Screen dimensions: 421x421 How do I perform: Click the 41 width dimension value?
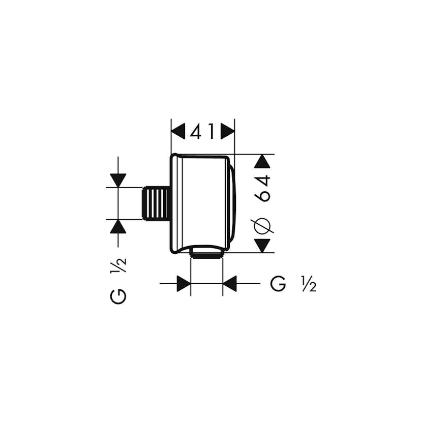click(203, 133)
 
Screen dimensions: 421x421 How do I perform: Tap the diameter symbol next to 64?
click(263, 224)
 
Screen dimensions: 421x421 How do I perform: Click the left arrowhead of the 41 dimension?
click(178, 133)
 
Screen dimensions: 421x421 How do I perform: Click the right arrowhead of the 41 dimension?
click(228, 133)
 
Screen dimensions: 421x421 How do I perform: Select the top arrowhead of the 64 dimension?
click(262, 162)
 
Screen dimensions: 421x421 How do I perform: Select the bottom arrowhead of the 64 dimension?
click(262, 246)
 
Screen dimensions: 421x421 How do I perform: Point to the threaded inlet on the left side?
click(156, 203)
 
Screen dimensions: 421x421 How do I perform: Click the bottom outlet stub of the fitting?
click(206, 252)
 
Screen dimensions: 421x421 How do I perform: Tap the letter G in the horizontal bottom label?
click(278, 284)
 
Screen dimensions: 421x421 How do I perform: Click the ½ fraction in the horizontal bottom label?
click(309, 284)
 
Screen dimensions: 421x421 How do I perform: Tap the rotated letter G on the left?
click(118, 296)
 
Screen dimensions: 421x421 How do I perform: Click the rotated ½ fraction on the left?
click(118, 265)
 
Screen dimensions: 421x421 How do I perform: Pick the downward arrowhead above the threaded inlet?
click(118, 180)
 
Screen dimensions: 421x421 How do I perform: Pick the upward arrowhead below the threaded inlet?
click(118, 227)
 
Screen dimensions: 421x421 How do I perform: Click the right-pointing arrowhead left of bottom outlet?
click(184, 284)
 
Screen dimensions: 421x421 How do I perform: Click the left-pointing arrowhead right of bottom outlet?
click(230, 284)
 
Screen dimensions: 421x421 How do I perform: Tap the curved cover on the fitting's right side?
click(232, 203)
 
